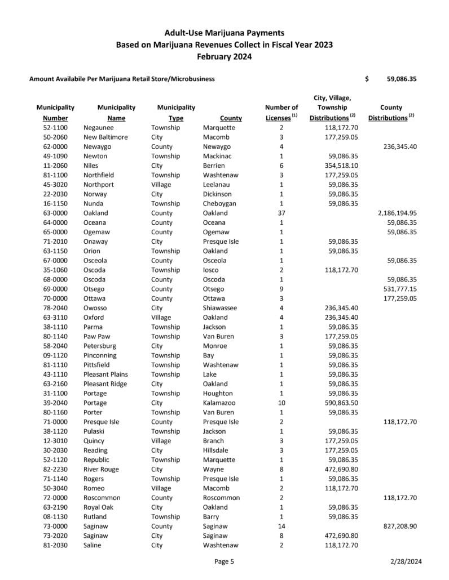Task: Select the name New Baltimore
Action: (x=105, y=137)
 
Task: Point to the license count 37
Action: (x=281, y=213)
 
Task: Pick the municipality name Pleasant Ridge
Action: (x=107, y=383)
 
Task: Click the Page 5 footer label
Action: (x=224, y=560)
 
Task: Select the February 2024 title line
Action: (x=224, y=56)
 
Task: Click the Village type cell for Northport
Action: (x=163, y=185)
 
